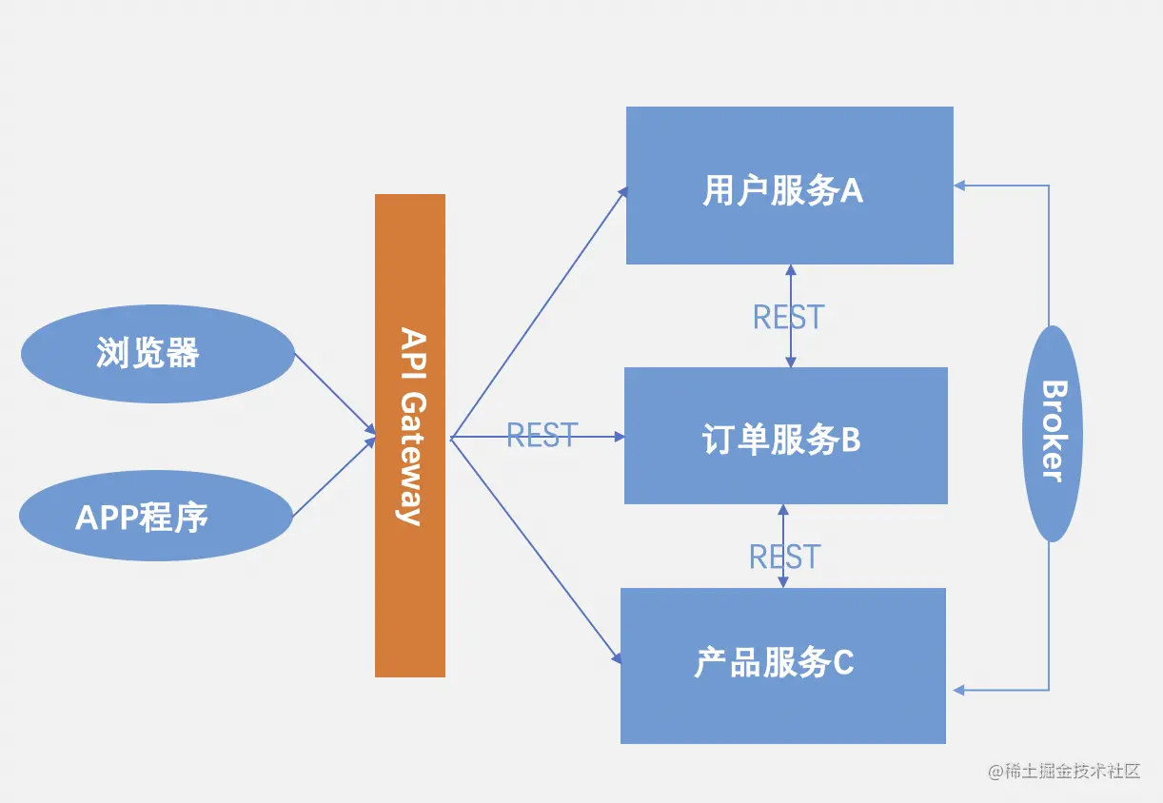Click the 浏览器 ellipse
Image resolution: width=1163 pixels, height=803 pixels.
coord(157,354)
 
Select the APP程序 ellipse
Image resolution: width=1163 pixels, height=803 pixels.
coord(155,516)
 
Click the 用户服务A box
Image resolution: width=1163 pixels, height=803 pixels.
coord(789,186)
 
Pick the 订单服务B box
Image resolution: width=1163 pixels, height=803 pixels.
coord(785,436)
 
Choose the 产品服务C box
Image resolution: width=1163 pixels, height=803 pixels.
coord(782,666)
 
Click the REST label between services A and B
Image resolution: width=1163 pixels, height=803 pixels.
coord(788,317)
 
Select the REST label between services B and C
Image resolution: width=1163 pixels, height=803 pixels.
coord(784,557)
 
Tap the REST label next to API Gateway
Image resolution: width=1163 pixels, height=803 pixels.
coord(542,435)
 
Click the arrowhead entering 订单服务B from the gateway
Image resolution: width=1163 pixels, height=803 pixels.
coord(619,437)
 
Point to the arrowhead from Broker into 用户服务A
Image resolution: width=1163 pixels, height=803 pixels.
coord(960,186)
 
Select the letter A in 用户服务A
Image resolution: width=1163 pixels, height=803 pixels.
coord(851,191)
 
